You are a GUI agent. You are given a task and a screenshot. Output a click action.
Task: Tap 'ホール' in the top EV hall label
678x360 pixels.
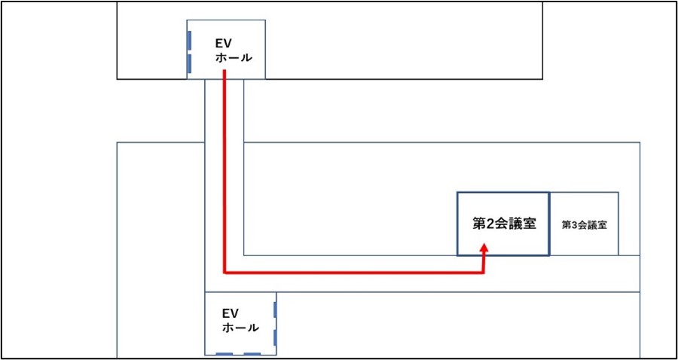coord(234,58)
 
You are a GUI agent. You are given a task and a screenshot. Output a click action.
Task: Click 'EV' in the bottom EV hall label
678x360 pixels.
coord(231,313)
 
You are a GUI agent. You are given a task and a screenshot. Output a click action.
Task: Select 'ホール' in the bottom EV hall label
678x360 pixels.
coord(240,328)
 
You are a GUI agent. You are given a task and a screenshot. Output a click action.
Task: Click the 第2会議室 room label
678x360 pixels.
coord(504,224)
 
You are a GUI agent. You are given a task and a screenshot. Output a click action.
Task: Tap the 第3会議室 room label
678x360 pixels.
coord(585,224)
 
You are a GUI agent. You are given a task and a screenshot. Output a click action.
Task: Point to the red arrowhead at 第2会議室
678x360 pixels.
coord(484,248)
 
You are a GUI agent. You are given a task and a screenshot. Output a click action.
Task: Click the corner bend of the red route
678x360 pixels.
coord(225,273)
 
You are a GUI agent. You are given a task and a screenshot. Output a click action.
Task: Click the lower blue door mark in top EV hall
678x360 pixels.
coord(189,63)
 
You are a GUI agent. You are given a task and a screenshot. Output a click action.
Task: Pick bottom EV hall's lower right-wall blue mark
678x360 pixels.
coord(276,336)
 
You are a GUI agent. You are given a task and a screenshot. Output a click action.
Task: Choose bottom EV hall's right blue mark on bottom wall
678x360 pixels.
coord(252,353)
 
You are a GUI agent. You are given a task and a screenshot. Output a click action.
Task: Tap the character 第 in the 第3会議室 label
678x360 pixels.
coord(567,224)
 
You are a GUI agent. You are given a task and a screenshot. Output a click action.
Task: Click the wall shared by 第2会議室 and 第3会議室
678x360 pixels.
coord(548,224)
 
